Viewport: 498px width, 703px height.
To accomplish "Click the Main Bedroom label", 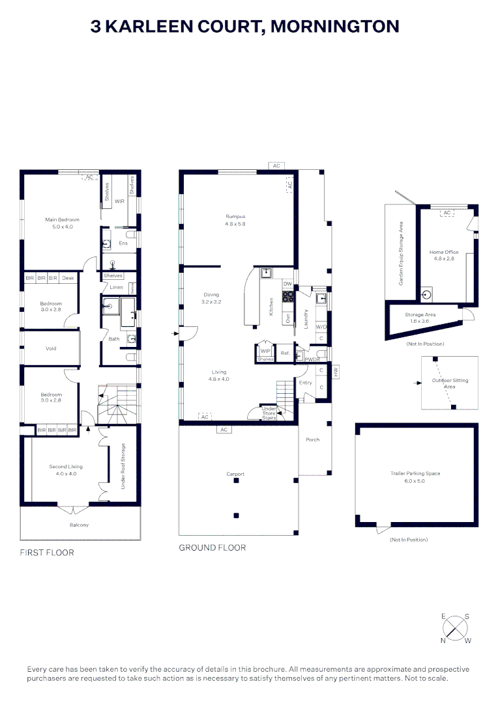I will click(x=62, y=219).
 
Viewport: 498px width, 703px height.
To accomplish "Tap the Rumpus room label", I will click(x=235, y=216).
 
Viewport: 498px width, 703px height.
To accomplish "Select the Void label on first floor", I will click(x=51, y=348).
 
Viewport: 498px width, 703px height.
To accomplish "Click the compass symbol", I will click(x=456, y=629).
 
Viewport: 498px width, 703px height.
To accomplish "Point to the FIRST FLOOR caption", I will click(x=47, y=553).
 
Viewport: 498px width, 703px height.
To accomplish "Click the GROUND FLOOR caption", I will click(x=212, y=547).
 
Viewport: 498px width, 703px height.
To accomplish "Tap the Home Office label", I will click(x=443, y=252).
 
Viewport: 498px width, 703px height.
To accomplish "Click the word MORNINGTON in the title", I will click(x=334, y=26).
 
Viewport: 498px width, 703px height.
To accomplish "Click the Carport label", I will click(x=235, y=474).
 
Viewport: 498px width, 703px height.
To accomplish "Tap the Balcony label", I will click(x=79, y=525).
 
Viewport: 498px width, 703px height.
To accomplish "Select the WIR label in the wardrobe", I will click(x=119, y=201).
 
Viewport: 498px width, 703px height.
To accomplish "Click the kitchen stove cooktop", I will click(x=287, y=297).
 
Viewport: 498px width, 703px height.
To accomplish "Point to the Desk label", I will click(x=68, y=278).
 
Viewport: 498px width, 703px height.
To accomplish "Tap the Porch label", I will click(x=313, y=439).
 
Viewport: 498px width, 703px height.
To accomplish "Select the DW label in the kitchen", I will click(x=287, y=284).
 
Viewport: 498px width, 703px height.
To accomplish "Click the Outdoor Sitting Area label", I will click(x=450, y=383).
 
